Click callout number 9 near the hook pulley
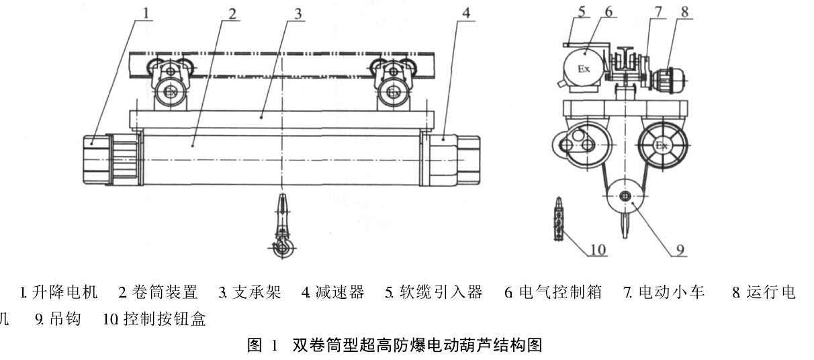pyautogui.click(x=679, y=250)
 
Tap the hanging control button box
pyautogui.click(x=556, y=218)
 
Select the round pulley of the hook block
pyautogui.click(x=625, y=197)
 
